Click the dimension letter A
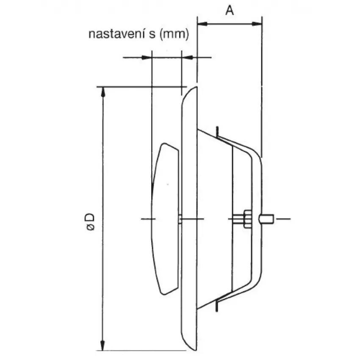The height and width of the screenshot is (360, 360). tap(230, 10)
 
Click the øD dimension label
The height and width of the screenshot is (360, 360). tap(91, 222)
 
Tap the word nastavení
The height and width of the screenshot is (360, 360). tap(119, 34)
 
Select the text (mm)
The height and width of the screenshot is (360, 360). tap(174, 34)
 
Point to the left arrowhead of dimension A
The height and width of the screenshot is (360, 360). tap(202, 24)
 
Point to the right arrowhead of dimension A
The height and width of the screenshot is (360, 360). tap(257, 24)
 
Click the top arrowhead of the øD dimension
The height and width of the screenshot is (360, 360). tap(103, 92)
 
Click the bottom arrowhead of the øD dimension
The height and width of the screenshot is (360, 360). tap(103, 346)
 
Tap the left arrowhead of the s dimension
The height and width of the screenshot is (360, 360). tap(147, 57)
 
